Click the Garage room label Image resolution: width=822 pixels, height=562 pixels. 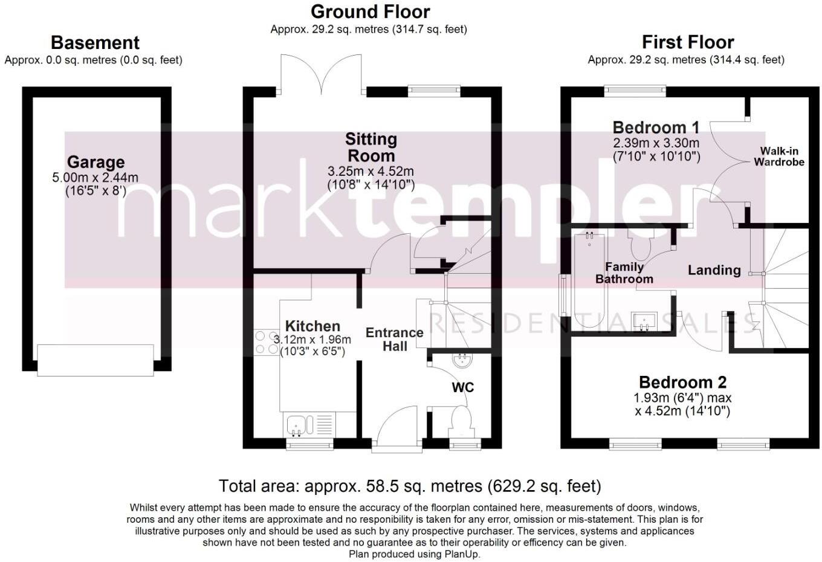(95, 162)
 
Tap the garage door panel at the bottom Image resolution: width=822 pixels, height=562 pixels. (95, 360)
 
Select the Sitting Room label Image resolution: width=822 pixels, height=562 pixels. (371, 147)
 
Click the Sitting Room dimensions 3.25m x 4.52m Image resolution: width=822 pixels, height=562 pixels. (371, 172)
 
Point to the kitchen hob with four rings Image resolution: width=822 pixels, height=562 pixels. (263, 342)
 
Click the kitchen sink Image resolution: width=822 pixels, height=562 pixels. (297, 425)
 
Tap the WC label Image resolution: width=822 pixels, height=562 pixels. (463, 387)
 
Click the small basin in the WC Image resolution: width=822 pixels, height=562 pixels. (463, 361)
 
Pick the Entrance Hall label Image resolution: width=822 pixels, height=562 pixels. (394, 339)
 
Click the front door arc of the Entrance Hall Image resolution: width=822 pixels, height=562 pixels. (396, 426)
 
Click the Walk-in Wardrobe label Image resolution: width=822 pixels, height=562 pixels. (778, 157)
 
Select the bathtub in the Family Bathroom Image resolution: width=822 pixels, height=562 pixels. (590, 279)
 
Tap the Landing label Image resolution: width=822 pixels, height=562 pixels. (714, 270)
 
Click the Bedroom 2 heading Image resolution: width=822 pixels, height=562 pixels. (682, 382)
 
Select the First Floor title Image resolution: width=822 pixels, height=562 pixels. (687, 42)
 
